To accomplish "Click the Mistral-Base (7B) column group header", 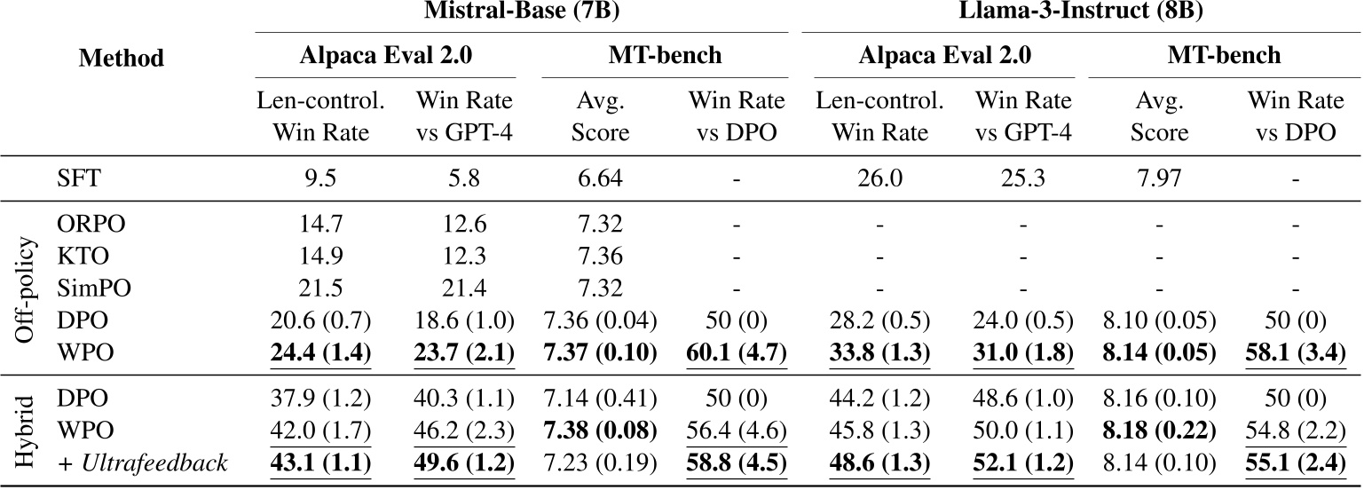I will (x=524, y=14).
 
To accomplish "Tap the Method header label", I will (x=122, y=59).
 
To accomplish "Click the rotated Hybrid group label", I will (x=28, y=431).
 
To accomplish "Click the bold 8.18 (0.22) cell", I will (x=1160, y=431).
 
